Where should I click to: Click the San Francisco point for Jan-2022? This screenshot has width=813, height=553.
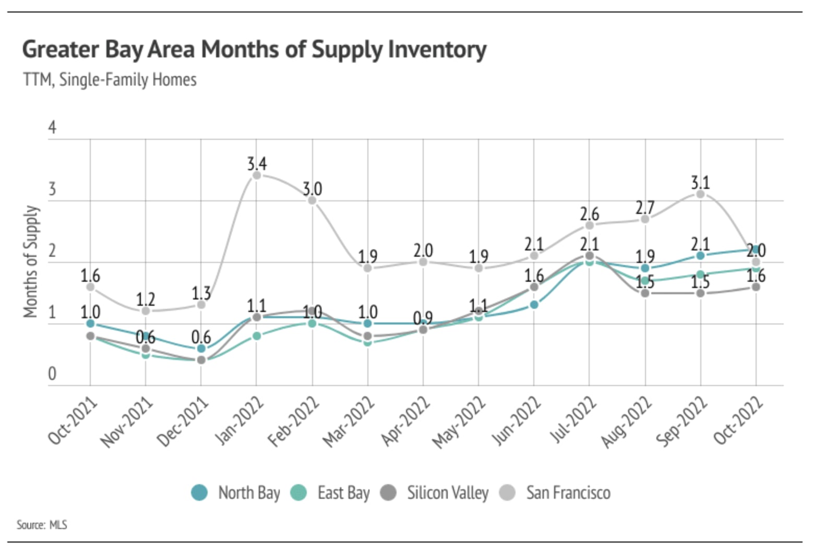[257, 175]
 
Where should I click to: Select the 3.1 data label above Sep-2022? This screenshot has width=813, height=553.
[700, 183]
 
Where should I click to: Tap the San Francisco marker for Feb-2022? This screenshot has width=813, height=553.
[312, 200]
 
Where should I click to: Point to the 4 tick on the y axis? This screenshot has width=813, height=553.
[52, 127]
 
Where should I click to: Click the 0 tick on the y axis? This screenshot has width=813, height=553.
[52, 374]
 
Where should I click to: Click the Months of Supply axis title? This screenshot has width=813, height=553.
[31, 261]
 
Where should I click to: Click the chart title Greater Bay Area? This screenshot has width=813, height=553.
[254, 50]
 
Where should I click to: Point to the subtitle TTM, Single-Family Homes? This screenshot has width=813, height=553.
[110, 80]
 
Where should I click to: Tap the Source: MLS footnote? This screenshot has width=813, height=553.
[42, 524]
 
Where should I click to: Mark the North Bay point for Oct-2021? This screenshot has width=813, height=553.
[90, 323]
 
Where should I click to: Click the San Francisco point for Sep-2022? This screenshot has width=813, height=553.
[700, 194]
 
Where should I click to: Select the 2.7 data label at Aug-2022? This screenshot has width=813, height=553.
[645, 208]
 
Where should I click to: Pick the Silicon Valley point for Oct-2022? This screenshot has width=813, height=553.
[756, 287]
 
